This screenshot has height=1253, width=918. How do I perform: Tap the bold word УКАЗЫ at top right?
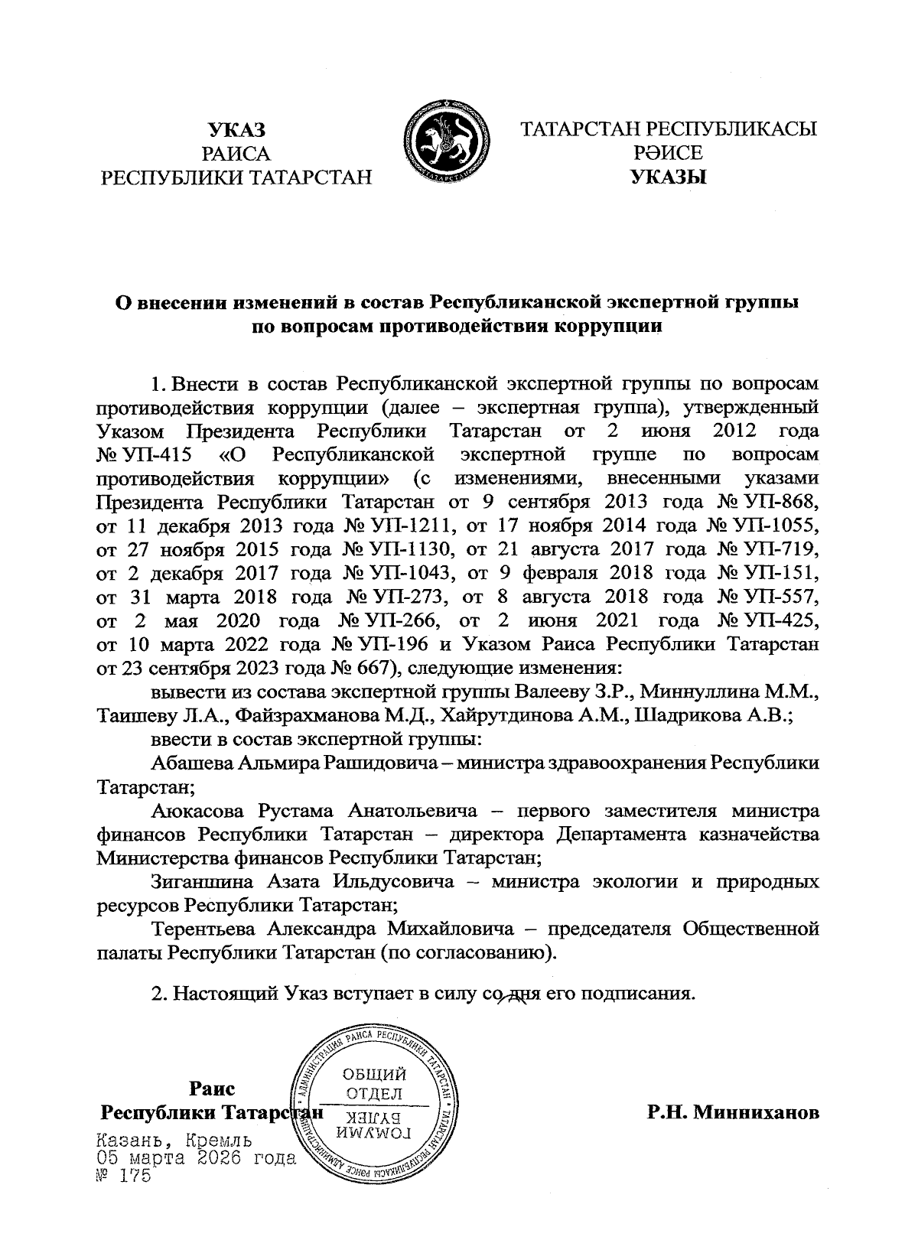coord(669,177)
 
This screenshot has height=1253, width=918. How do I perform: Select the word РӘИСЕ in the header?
coord(668,153)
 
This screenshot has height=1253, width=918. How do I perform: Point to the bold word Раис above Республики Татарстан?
coord(213,1089)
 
